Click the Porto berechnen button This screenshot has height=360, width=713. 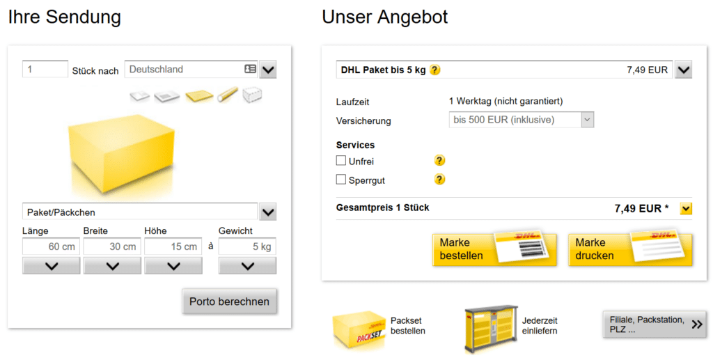pos(229,302)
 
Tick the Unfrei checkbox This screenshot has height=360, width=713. pos(341,160)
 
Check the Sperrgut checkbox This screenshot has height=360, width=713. pos(341,180)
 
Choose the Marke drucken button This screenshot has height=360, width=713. pos(630,249)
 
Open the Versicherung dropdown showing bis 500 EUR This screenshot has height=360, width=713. pos(521,120)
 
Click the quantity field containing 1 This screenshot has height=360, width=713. pos(45,69)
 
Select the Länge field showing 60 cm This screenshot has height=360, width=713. pos(51,246)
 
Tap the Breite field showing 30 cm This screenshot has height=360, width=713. pos(112,246)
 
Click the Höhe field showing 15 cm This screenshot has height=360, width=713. pos(173,246)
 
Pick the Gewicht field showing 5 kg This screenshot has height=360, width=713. pos(247,246)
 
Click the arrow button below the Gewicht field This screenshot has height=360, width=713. pos(247,266)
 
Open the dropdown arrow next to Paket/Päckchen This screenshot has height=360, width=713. pos(268,212)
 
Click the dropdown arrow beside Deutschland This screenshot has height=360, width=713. pos(268,70)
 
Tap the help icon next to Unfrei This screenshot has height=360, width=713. pos(439,160)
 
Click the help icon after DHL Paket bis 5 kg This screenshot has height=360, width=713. pos(435,70)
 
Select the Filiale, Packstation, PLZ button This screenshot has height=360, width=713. pos(655,324)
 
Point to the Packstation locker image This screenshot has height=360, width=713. pos(491,329)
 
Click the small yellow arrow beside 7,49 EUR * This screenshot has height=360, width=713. pos(686,209)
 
